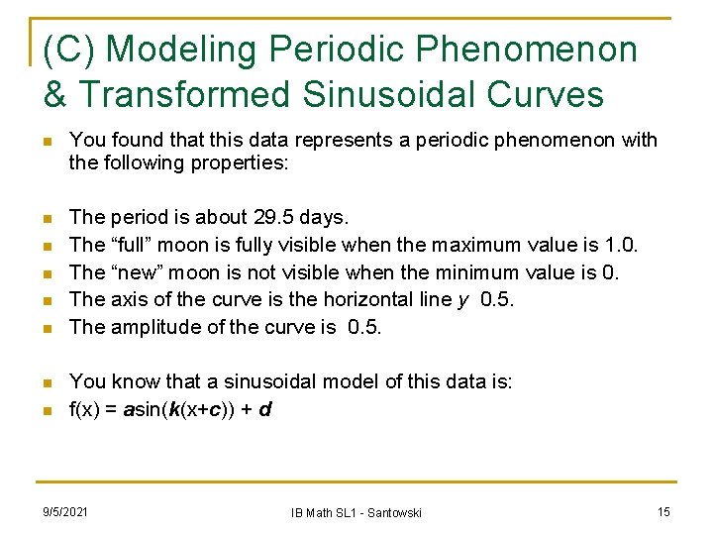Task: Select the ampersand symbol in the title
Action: point(56,94)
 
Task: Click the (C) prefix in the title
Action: point(70,50)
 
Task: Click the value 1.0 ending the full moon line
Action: point(623,244)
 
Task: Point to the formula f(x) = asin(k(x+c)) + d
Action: point(170,407)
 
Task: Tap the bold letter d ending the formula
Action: point(264,407)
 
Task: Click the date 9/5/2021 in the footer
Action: point(65,511)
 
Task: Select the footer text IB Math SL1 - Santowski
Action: point(356,512)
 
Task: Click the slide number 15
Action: point(663,511)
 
